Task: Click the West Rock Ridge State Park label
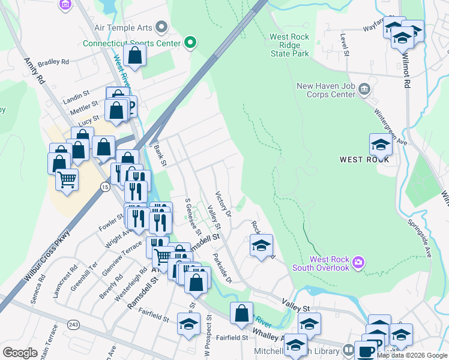click(x=289, y=46)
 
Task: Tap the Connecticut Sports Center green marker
click(x=190, y=43)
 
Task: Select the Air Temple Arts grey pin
click(x=161, y=27)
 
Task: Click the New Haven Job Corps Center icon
click(x=364, y=90)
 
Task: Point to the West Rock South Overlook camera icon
click(x=358, y=262)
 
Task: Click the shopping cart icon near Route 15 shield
click(x=67, y=178)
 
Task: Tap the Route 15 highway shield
click(x=105, y=188)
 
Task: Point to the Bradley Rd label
click(x=53, y=62)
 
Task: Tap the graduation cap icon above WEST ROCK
click(x=381, y=145)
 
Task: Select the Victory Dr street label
click(x=223, y=203)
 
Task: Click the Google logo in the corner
click(x=20, y=353)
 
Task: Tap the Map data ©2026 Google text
click(x=412, y=355)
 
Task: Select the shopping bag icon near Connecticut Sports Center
click(x=136, y=56)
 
